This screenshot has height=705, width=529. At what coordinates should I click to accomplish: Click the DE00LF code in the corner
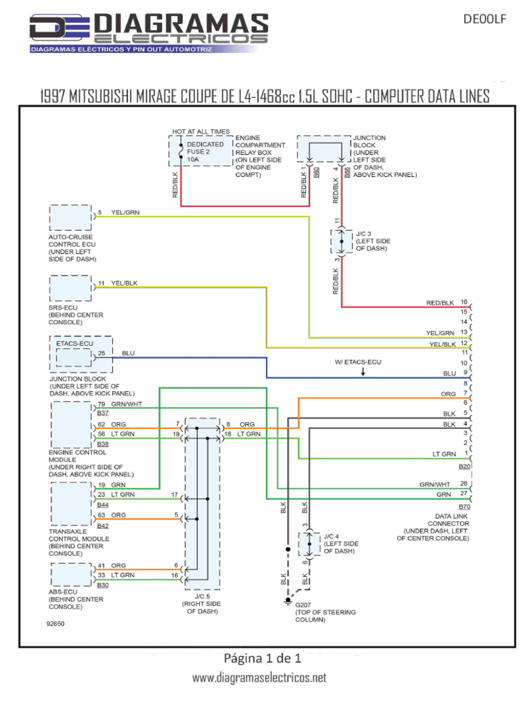[484, 19]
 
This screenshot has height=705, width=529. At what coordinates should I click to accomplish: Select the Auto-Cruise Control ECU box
[70, 218]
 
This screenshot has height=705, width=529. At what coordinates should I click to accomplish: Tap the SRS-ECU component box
[70, 288]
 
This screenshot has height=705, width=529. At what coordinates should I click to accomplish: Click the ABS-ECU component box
[71, 574]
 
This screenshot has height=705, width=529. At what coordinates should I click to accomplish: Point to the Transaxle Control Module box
[71, 503]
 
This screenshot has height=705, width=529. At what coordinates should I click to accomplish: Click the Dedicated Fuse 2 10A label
[205, 152]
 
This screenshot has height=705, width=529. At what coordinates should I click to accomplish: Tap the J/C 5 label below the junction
[202, 597]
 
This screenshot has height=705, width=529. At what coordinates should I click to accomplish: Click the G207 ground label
[303, 605]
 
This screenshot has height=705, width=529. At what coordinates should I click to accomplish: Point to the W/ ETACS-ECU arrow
[363, 372]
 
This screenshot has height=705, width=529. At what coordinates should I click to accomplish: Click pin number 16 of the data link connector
[464, 302]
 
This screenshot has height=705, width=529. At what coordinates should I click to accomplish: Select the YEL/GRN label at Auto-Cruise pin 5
[125, 212]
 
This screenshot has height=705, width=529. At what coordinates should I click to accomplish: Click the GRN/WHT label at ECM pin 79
[127, 404]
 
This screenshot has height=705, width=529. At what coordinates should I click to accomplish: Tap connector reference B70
[464, 507]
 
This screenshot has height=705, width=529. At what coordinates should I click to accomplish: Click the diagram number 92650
[55, 624]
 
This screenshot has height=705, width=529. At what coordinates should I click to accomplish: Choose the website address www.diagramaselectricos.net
[259, 677]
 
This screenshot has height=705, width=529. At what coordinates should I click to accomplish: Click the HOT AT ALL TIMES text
[200, 131]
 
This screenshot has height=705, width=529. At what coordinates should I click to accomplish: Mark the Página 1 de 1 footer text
[262, 658]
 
